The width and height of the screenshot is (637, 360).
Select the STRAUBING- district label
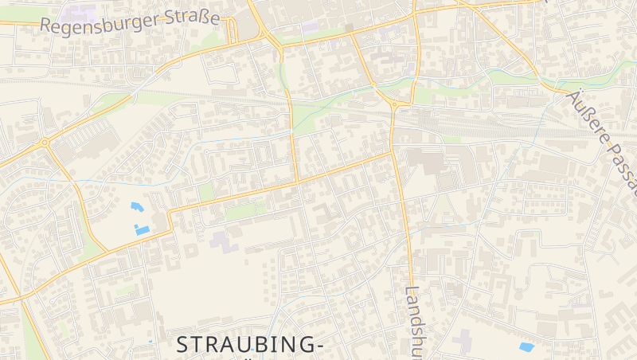tap(249, 345)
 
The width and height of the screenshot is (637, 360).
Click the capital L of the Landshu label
tap(412, 292)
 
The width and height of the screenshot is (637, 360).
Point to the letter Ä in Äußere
tap(573, 97)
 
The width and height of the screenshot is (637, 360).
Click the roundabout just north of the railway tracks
tap(395, 104)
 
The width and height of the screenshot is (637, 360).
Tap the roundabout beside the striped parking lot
tap(45, 143)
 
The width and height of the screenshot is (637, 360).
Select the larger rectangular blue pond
tap(143, 230)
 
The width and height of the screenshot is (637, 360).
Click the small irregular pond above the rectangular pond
tap(137, 207)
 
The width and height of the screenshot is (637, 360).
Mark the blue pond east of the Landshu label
tap(526, 347)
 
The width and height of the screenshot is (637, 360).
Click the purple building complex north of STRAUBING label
tap(225, 240)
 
